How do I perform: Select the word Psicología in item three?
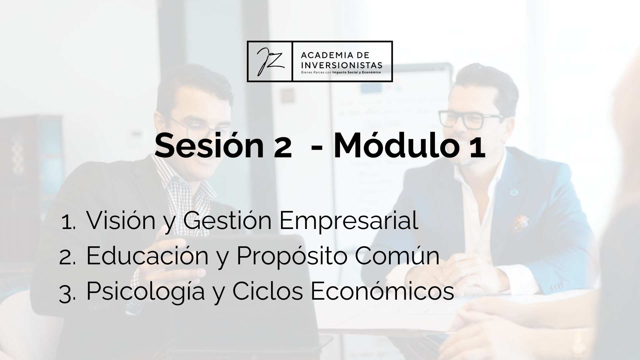(145, 291)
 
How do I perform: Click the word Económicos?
(382, 290)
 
